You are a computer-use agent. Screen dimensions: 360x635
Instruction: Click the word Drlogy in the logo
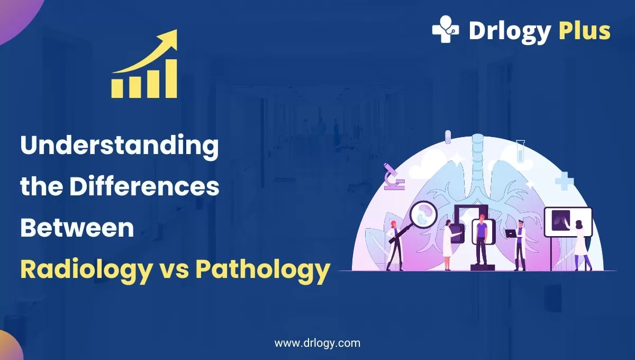[510, 31]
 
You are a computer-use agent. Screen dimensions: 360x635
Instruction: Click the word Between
[77, 228]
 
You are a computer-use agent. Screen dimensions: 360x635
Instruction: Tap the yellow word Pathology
[263, 269]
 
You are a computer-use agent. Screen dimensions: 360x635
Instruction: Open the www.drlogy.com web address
[317, 343]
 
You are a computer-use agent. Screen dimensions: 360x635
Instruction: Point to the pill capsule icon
[448, 137]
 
